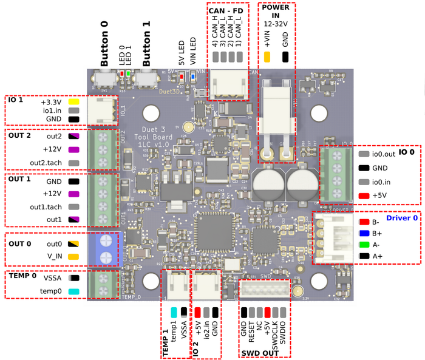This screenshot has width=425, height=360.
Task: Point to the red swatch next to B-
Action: click(364, 222)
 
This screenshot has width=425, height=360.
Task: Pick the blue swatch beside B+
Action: click(364, 233)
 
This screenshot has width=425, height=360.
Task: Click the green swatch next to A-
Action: click(364, 245)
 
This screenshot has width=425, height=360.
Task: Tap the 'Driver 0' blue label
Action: click(403, 217)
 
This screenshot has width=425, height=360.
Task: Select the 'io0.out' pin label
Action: click(385, 154)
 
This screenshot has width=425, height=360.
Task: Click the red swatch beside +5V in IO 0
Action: click(364, 195)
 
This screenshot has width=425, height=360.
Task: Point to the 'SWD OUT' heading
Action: click(260, 352)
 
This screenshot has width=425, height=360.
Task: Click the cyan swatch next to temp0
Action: click(74, 291)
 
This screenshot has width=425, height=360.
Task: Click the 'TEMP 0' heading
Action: click(22, 276)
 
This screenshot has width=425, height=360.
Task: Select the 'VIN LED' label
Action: click(193, 52)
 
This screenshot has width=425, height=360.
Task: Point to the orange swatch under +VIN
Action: click(267, 58)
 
